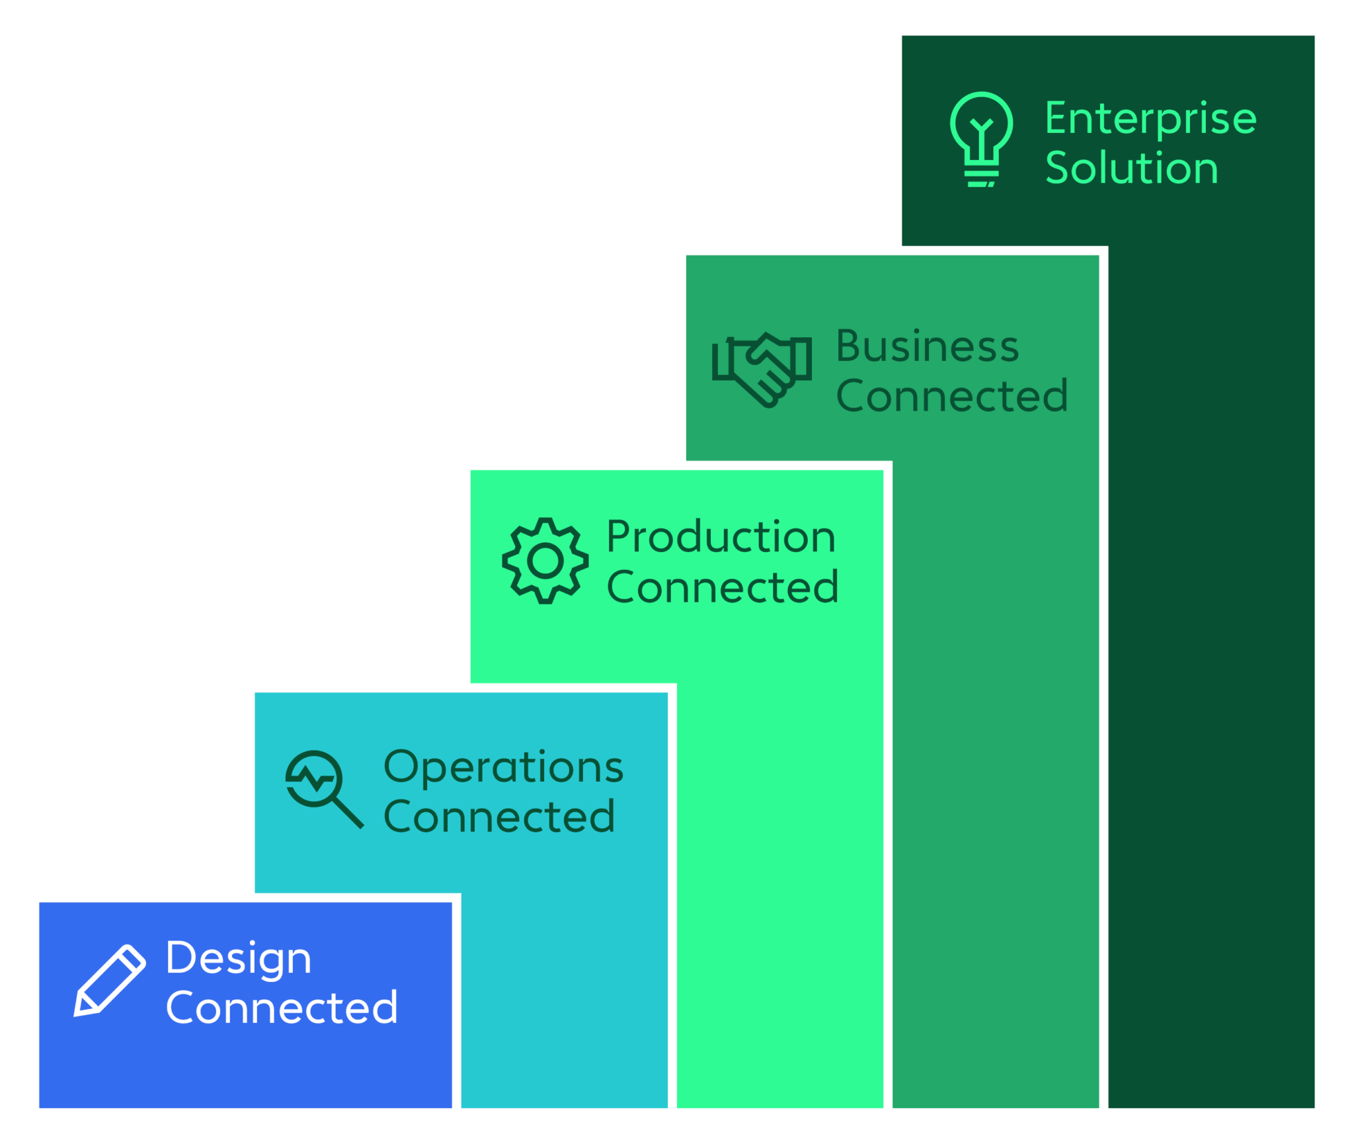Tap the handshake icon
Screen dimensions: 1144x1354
tap(762, 369)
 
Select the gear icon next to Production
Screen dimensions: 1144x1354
tap(545, 561)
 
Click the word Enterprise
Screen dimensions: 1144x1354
tap(1150, 120)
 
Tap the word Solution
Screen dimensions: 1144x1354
tap(1131, 168)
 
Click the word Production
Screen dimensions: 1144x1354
tap(721, 536)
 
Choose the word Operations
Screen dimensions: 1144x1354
tap(503, 768)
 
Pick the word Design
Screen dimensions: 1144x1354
tap(238, 958)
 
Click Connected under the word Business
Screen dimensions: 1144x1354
tap(952, 395)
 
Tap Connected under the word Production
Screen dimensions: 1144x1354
tap(723, 587)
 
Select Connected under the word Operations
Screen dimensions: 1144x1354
tap(500, 817)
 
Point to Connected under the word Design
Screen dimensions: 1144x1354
tap(282, 1007)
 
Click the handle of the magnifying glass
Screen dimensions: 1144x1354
tap(348, 813)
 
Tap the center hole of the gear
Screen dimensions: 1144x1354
tap(545, 561)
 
